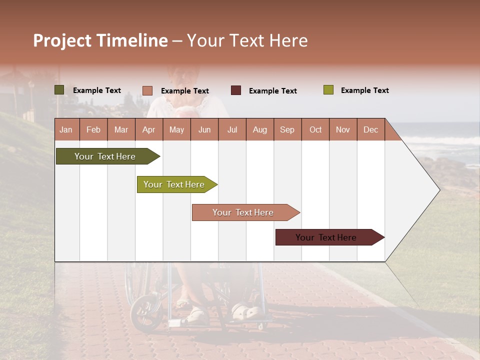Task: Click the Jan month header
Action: [66, 129]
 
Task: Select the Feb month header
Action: [93, 129]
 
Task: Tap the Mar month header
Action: [121, 129]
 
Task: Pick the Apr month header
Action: [149, 129]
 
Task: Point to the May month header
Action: [176, 129]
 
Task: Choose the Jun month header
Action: [204, 129]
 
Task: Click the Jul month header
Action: [232, 129]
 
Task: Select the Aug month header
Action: [260, 129]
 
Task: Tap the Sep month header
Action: [287, 129]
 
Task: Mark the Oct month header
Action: [315, 129]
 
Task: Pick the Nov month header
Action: [343, 129]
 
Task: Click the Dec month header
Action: [371, 129]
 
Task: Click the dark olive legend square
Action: [59, 90]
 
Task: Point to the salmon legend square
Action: [147, 90]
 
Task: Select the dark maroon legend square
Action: [236, 90]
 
